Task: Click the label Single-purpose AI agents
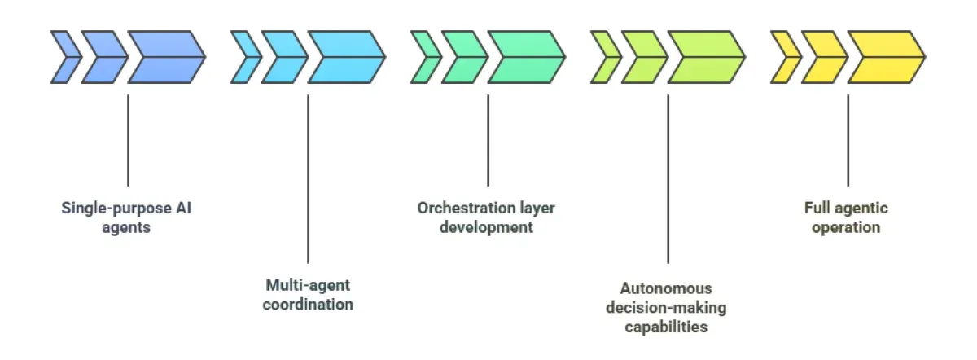point(127,217)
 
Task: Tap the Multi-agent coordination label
point(308,295)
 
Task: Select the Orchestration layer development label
point(487,217)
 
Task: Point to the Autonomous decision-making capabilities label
point(668,308)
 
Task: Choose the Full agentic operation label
point(847,217)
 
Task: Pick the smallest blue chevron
point(64,58)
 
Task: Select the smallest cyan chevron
point(243,58)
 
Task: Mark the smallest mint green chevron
point(423,58)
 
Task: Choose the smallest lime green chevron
point(603,58)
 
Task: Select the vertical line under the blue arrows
point(128,140)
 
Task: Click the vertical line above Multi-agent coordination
point(308,179)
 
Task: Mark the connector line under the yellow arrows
point(848,140)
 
